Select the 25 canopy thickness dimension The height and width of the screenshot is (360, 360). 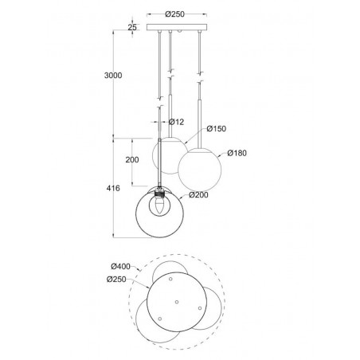pos(132,28)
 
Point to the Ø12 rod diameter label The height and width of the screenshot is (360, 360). pos(177,121)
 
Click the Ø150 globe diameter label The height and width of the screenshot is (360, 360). pos(216,127)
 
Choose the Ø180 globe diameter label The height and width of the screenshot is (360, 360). pos(238,153)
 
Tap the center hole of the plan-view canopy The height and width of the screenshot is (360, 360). pos(178,301)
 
